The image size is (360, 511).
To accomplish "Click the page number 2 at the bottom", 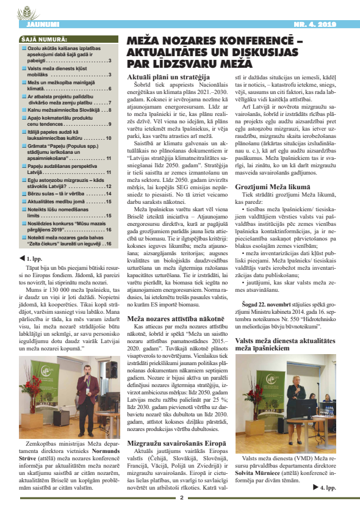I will [x=181, y=498].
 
